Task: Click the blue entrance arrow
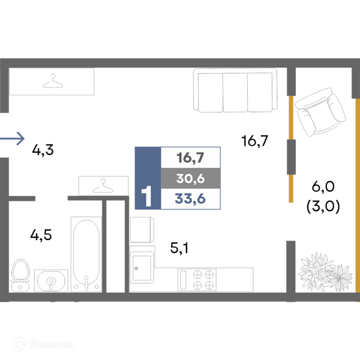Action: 12,139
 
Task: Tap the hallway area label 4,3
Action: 43,150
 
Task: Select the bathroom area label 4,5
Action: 41,235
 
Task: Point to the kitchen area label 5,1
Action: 179,248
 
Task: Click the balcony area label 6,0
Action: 323,187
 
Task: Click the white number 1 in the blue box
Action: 146,196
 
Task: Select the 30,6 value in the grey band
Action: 191,178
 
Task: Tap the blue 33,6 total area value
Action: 190,199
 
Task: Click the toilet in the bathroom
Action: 20,275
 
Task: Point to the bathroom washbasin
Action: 51,281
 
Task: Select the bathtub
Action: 86,254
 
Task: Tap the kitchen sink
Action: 142,268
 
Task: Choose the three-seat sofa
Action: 235,90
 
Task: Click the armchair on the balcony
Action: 320,112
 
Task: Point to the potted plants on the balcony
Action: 326,272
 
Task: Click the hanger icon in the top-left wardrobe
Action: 53,81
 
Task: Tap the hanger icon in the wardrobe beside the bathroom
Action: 103,186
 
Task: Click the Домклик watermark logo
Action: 43,344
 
